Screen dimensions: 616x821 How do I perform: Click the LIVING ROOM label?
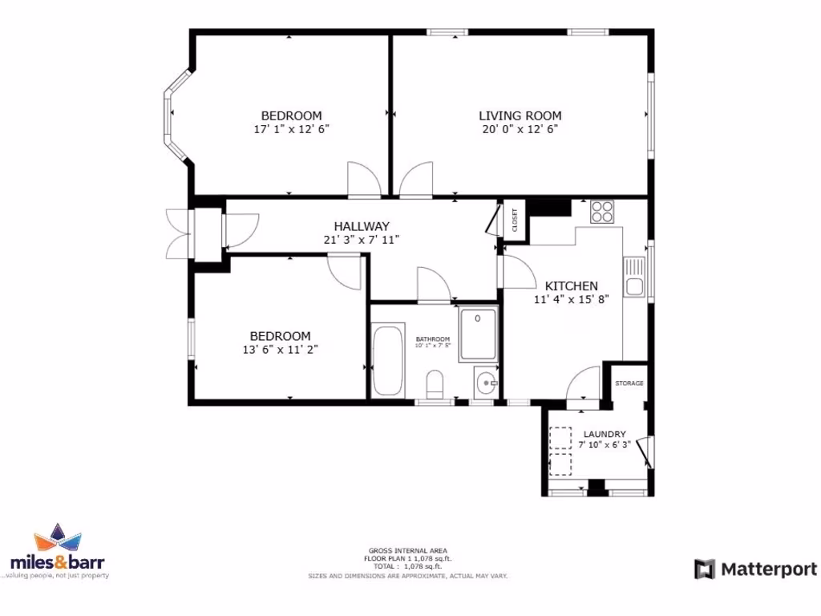pos(520,115)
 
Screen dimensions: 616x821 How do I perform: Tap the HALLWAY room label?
pos(362,226)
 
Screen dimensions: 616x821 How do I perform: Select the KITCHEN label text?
pos(571,286)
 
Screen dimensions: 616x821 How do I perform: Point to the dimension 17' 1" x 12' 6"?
pos(291,128)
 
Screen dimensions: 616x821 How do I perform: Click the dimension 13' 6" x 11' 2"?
pos(280,349)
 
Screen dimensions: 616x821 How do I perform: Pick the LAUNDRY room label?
pos(605,434)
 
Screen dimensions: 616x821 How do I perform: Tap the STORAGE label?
pos(629,383)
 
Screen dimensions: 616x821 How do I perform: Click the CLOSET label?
pos(515,220)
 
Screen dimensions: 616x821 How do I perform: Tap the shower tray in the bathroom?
pos(479,333)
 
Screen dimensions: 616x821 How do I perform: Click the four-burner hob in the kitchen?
pos(602,213)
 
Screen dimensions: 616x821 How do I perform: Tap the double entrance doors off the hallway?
pos(176,233)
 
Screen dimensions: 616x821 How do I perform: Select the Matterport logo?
pos(754,569)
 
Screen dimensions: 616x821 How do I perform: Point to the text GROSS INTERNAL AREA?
pos(408,549)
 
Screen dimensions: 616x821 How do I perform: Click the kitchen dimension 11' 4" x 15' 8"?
pos(572,300)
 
